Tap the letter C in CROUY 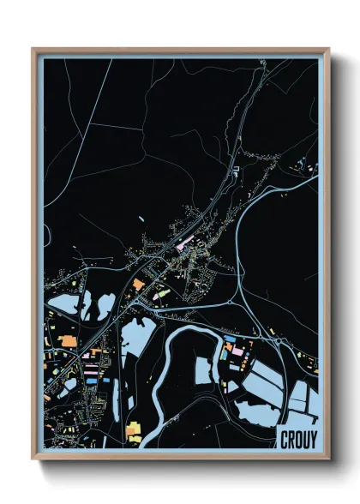(x=283, y=439)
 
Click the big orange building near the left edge (x=67, y=341)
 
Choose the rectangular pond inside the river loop (x=202, y=370)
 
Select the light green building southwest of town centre (x=159, y=294)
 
